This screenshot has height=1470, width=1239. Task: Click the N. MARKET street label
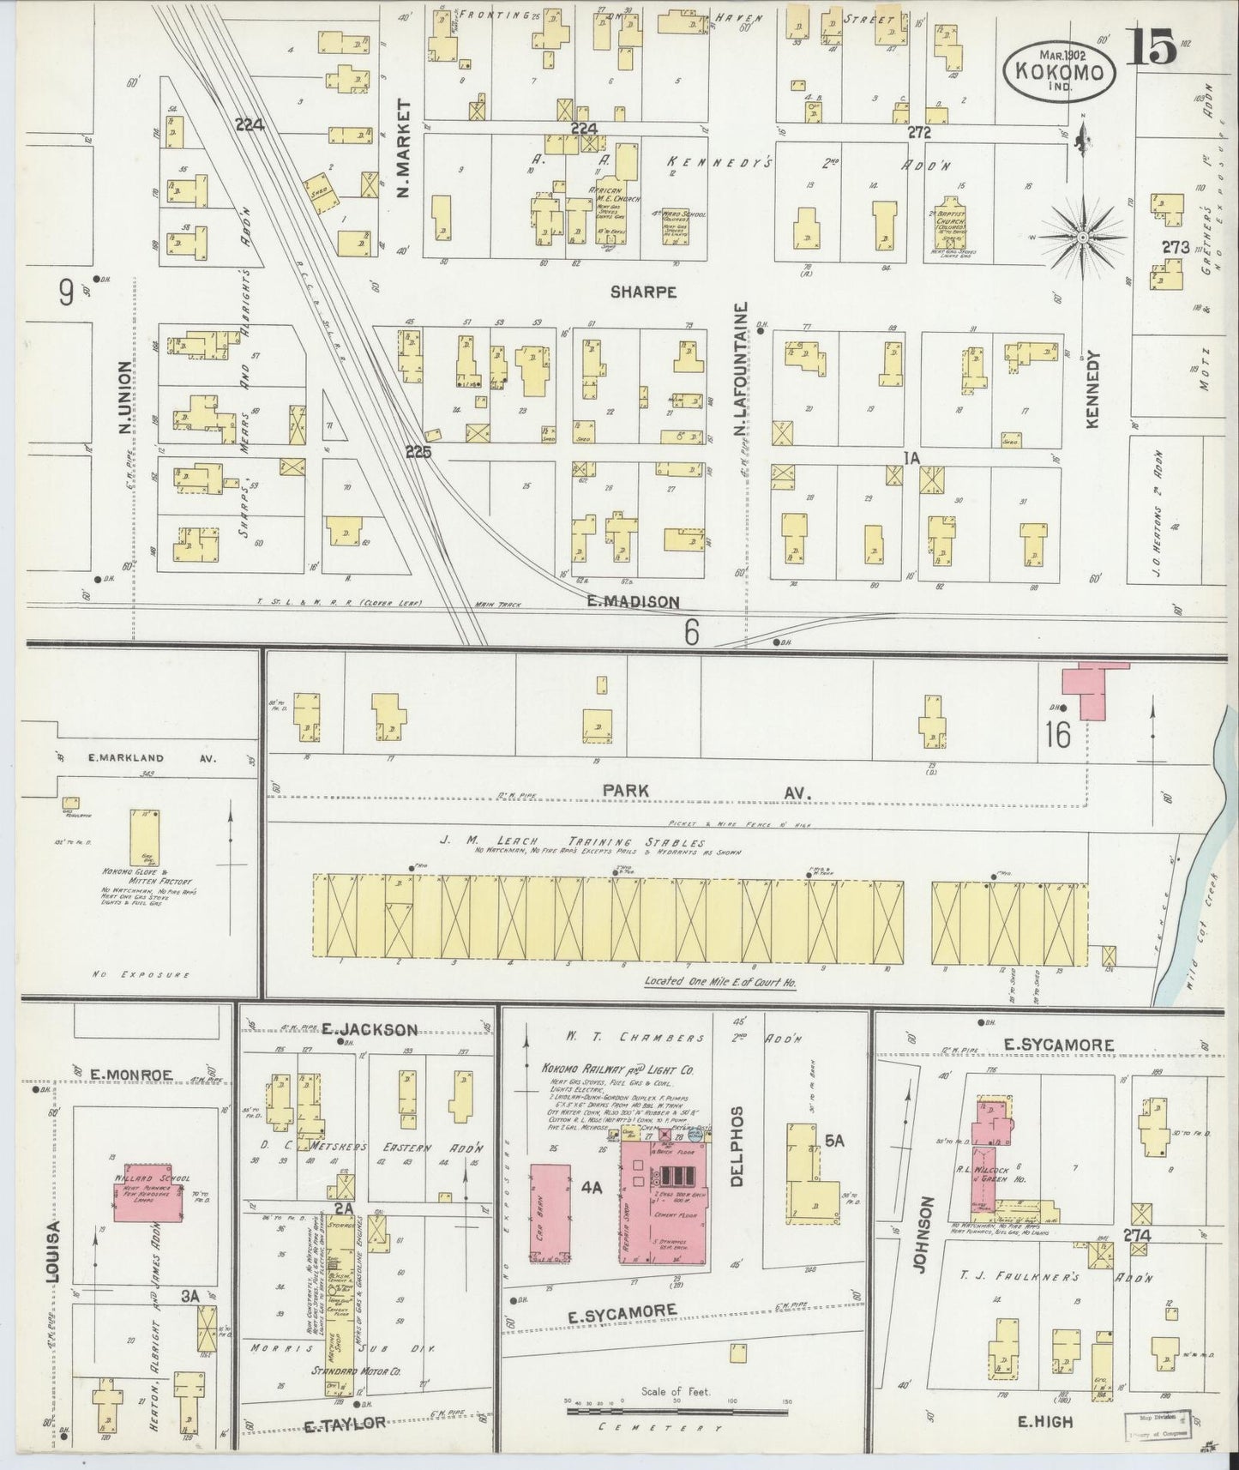tap(405, 148)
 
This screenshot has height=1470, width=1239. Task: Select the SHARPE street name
tap(643, 292)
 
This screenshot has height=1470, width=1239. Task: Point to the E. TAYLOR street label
tap(345, 1426)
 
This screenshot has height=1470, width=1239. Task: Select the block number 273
tap(1175, 247)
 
